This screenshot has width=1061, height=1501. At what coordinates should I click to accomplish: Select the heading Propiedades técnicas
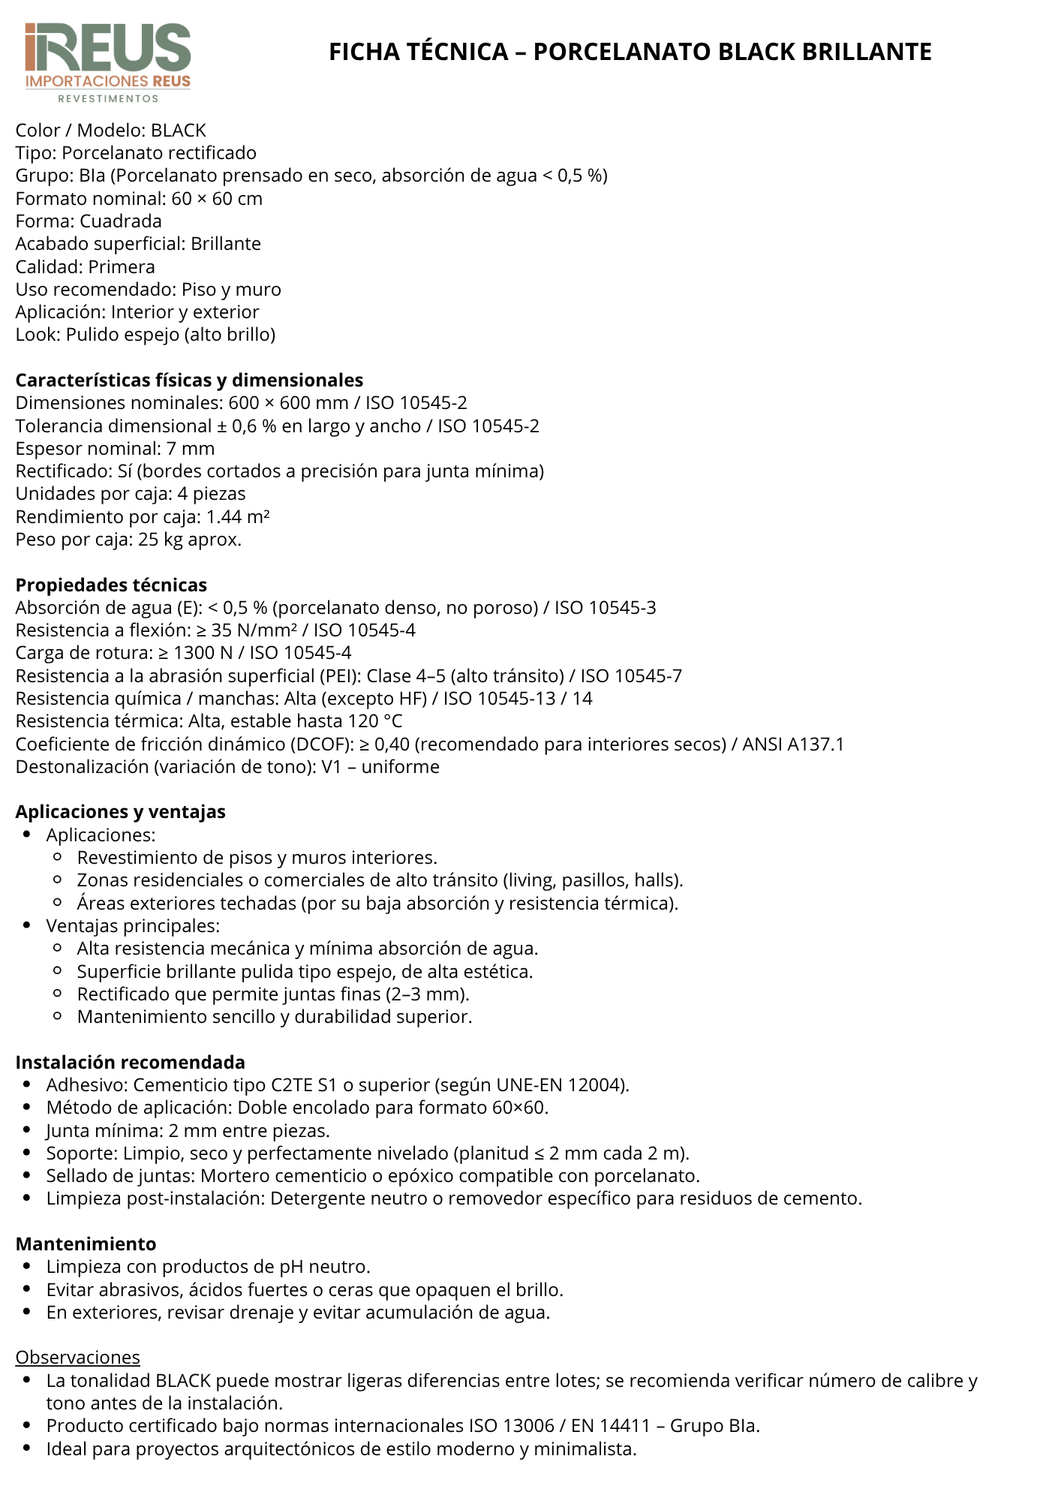[x=111, y=585]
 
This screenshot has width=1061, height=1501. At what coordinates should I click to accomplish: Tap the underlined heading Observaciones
[x=77, y=1357]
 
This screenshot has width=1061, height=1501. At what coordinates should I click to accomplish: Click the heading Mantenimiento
[x=86, y=1244]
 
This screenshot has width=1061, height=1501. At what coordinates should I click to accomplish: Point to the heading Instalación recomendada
[x=130, y=1062]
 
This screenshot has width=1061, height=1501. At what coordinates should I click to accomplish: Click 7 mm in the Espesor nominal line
[x=198, y=449]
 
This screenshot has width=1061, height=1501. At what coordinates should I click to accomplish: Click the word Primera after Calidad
[x=122, y=267]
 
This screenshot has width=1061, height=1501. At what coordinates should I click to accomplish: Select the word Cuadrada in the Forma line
[x=121, y=221]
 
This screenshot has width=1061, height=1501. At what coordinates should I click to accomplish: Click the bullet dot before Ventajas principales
[x=27, y=926]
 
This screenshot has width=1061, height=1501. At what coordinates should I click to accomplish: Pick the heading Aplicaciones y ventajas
[x=120, y=811]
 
